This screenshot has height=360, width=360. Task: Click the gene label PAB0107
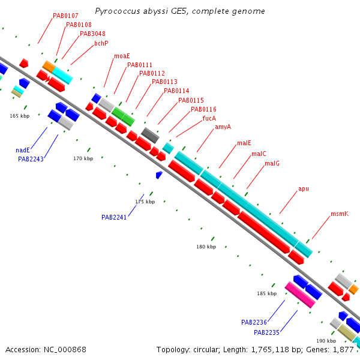tap(65, 16)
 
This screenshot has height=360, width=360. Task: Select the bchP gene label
tap(101, 43)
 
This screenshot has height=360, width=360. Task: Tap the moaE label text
tap(122, 56)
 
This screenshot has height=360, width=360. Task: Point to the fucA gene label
tap(209, 118)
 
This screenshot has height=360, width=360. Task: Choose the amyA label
tap(223, 127)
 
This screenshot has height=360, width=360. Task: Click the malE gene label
tap(244, 143)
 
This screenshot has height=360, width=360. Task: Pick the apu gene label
tap(304, 189)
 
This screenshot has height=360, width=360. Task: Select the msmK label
tap(340, 214)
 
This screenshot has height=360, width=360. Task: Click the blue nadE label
tap(23, 150)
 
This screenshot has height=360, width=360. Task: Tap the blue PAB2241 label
tap(114, 217)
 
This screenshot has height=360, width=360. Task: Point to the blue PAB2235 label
tap(266, 332)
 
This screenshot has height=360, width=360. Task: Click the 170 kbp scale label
tap(83, 158)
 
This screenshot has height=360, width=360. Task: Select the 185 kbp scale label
tap(267, 293)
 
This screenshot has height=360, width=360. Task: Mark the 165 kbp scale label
tap(20, 116)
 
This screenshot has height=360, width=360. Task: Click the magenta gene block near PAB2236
tap(300, 295)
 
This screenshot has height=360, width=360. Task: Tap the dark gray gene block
tap(150, 136)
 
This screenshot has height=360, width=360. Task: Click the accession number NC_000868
tap(65, 350)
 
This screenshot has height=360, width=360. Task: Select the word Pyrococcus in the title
tap(118, 11)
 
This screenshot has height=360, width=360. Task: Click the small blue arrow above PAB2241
tap(159, 175)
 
